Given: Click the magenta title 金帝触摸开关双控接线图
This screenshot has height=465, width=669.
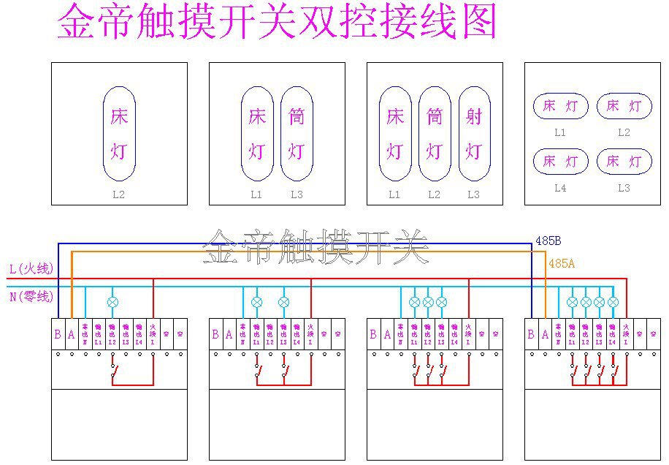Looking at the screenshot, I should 277,22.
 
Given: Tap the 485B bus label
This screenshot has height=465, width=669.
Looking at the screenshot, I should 548,241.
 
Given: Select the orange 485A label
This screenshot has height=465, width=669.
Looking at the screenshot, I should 561,263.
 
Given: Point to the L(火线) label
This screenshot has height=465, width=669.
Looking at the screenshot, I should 31,269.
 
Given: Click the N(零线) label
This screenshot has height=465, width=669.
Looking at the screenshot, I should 31,296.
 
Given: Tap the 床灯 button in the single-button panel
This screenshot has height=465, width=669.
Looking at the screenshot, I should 119,134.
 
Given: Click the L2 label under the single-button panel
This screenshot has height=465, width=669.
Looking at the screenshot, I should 119,195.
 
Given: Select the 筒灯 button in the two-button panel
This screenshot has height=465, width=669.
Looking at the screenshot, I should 297,134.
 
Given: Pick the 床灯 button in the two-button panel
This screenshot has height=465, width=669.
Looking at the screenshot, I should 257,134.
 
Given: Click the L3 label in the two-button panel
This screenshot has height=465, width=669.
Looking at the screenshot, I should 297,195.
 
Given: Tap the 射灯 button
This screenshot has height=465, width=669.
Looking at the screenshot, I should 474,134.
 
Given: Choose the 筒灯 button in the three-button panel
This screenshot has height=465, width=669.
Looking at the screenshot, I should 435,134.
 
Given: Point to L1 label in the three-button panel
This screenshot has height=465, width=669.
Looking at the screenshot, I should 394,195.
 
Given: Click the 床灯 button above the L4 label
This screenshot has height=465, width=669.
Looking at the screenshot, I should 560,161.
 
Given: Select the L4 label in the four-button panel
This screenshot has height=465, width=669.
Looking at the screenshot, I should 560,188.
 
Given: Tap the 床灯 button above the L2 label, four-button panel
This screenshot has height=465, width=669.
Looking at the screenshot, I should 624,106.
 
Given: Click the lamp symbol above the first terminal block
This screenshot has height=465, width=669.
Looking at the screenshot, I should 112,301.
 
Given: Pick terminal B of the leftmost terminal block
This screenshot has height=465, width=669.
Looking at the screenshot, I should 58,334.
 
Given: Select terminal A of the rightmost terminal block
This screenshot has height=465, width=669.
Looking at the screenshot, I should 545,334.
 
